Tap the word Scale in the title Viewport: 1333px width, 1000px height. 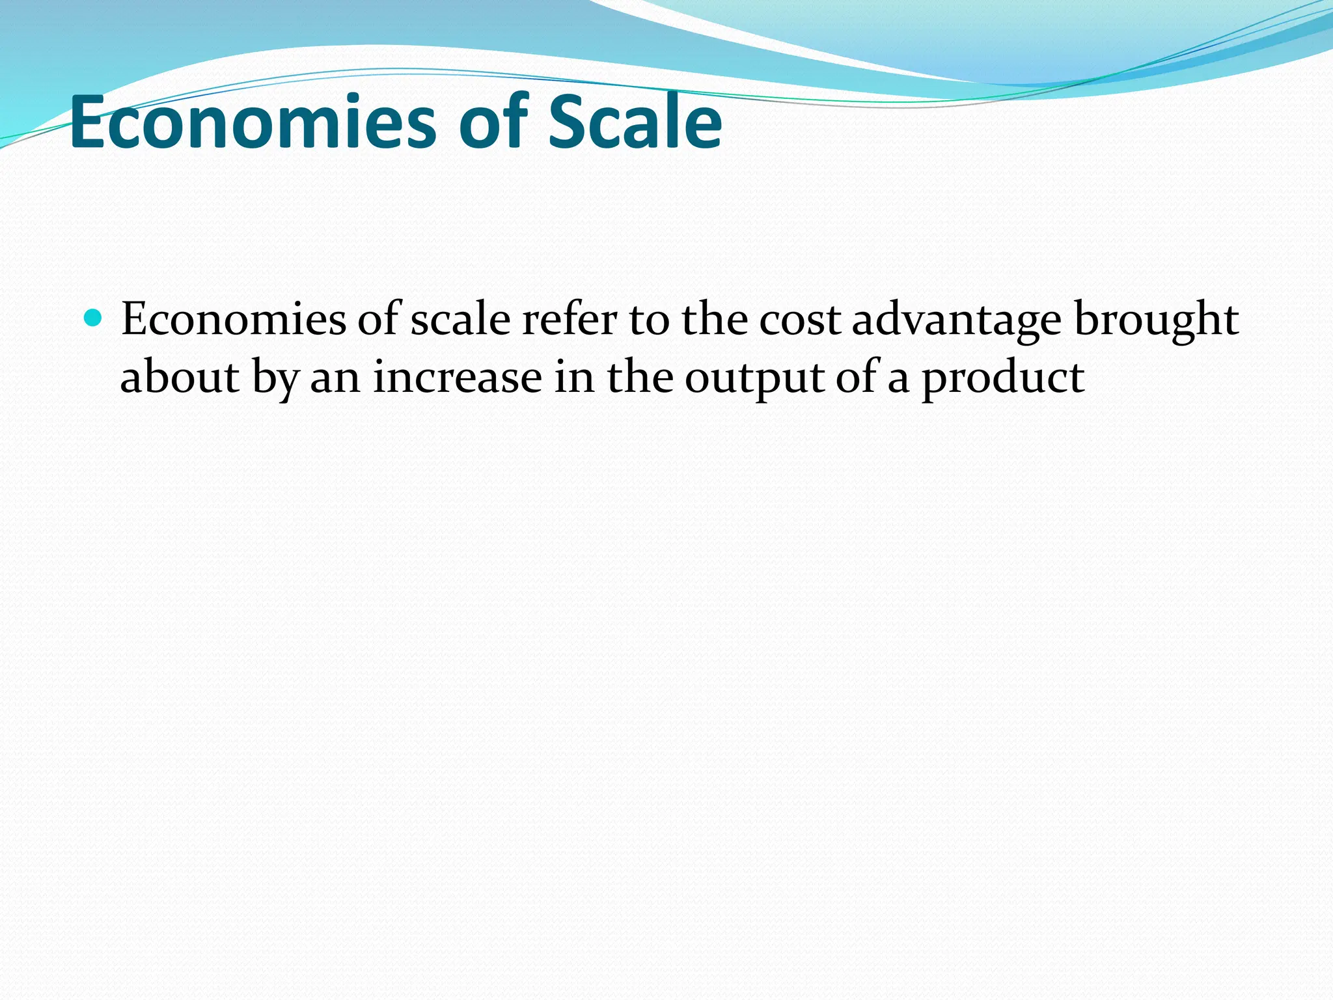tap(635, 122)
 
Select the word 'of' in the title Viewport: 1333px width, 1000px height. tap(493, 122)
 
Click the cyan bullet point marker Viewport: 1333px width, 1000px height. tap(94, 318)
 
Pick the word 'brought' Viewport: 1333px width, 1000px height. tap(1156, 320)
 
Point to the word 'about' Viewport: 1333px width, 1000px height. tap(180, 378)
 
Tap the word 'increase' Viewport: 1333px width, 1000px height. tap(457, 378)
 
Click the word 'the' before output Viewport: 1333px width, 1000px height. tap(640, 378)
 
